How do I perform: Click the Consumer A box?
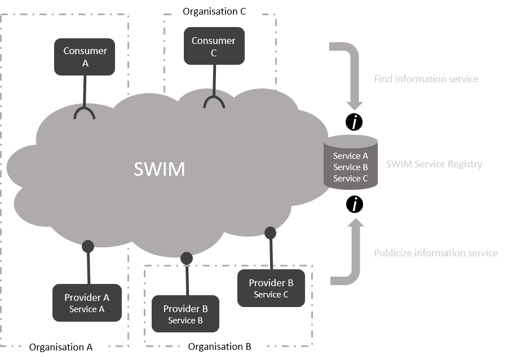click(85, 57)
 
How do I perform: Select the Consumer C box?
click(213, 47)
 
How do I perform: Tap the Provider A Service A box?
click(87, 303)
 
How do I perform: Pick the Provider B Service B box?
click(185, 314)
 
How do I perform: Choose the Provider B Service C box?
click(271, 288)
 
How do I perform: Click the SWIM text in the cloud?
click(160, 169)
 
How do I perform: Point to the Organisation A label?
click(60, 347)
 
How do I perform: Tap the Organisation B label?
click(219, 346)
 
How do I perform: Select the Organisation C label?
click(218, 11)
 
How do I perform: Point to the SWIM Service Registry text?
click(434, 165)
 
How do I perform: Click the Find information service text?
click(426, 79)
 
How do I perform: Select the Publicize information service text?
click(436, 253)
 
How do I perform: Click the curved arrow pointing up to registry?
click(352, 256)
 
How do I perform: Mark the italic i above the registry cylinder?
click(354, 123)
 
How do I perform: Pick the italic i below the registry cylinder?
click(355, 205)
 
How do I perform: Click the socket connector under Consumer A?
click(85, 113)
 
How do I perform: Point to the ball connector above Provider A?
click(87, 246)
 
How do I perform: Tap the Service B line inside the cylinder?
click(350, 167)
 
